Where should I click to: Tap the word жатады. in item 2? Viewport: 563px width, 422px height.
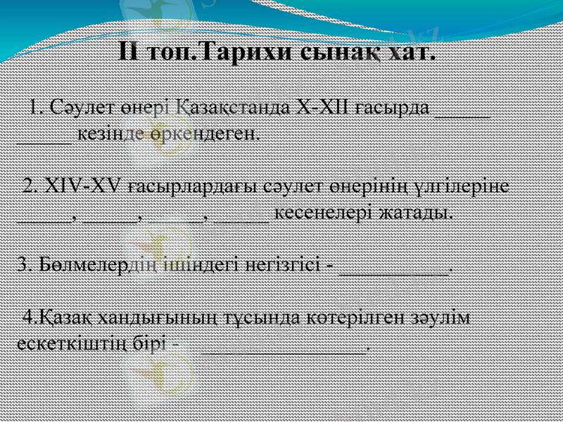click(x=413, y=212)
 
